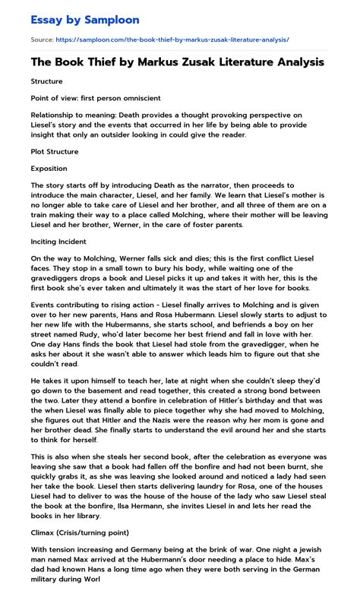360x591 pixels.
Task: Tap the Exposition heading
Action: pos(49,168)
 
